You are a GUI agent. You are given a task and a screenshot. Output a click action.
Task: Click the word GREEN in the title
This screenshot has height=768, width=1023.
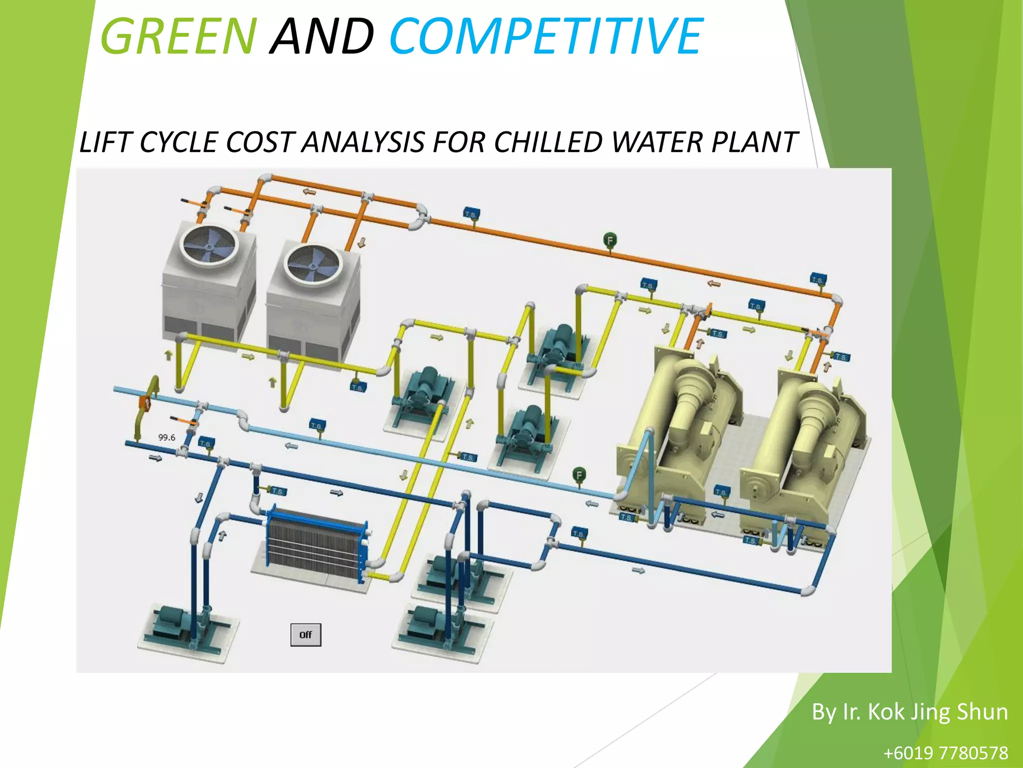pos(179,36)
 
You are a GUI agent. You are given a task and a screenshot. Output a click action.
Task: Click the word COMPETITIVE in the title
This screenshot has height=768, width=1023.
pos(546,36)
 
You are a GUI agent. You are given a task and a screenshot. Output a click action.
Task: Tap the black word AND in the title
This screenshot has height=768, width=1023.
pos(322,36)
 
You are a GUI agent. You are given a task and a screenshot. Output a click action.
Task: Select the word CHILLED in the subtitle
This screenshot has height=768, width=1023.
pos(548,142)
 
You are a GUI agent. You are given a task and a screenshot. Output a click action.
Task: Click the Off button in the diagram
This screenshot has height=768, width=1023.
pos(306,635)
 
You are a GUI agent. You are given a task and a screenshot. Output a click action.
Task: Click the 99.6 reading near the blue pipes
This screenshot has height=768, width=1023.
pos(167,437)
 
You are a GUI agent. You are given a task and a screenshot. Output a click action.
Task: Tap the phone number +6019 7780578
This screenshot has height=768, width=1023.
pos(946,752)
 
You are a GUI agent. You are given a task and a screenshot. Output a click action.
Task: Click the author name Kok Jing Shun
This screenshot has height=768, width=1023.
pos(938,711)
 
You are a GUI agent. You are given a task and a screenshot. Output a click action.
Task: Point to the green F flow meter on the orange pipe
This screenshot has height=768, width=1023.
pos(610,240)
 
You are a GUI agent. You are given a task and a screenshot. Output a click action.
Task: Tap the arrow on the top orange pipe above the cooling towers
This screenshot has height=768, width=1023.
pos(309,191)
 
